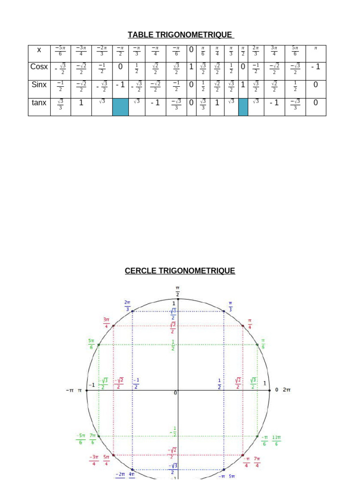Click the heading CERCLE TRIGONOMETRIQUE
(x=180, y=271)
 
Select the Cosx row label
(x=39, y=67)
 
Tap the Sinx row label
(x=39, y=85)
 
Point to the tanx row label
(x=39, y=102)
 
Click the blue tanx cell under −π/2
(x=120, y=107)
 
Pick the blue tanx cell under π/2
(x=243, y=107)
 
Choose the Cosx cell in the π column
(x=315, y=67)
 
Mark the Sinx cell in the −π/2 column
(x=120, y=85)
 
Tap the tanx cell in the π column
(x=315, y=102)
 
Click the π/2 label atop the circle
(x=178, y=291)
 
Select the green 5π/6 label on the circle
(x=90, y=344)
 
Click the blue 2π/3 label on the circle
(x=127, y=305)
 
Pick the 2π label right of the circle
(x=286, y=390)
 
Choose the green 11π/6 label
(x=277, y=441)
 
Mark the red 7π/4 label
(x=256, y=461)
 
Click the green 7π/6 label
(x=93, y=439)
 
